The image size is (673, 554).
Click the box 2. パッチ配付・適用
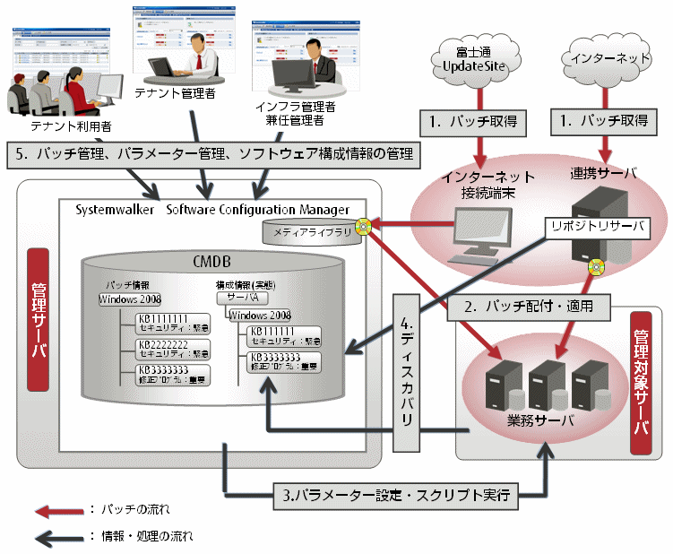click(537, 305)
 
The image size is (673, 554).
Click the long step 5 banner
click(212, 154)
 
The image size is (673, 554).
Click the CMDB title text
click(212, 262)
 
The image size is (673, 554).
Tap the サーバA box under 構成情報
click(243, 296)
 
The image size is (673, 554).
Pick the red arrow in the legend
click(55, 509)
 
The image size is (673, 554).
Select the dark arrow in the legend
click(55, 536)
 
